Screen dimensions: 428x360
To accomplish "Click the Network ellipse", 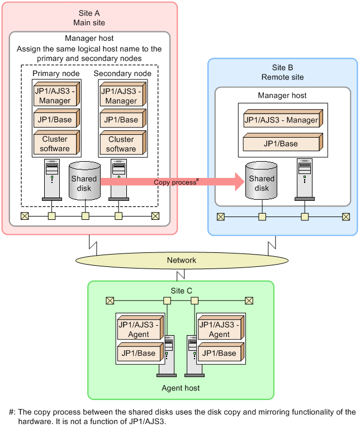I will [x=182, y=260].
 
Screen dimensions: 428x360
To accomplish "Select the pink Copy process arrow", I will [x=173, y=181].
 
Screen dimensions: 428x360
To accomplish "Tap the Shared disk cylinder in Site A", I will [x=84, y=180].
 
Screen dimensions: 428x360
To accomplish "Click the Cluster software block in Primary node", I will [x=55, y=144].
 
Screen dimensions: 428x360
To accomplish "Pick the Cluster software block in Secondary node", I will [x=121, y=144].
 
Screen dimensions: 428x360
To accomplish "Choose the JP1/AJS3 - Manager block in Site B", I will [x=282, y=120].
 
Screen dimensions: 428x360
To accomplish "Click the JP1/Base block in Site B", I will [x=282, y=144].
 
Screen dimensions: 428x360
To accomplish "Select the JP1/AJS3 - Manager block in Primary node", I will [x=55, y=96].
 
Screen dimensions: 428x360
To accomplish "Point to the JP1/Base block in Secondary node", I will [x=121, y=120].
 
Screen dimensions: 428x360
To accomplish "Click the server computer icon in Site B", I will [x=305, y=178].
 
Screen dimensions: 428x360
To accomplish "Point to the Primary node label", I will [x=56, y=74].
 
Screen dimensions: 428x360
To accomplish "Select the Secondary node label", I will [x=122, y=74].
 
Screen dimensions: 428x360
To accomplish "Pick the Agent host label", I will [x=181, y=388].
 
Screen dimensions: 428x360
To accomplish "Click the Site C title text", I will [x=181, y=290].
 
